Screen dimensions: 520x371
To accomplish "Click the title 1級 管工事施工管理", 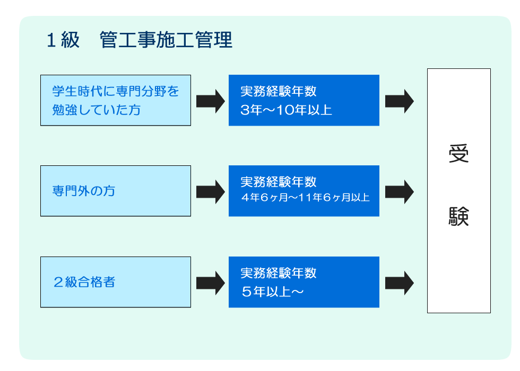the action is pos(139,40).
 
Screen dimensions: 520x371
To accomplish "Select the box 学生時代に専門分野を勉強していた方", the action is pos(116,100).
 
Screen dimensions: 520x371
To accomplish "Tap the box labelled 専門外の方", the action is pos(116,191).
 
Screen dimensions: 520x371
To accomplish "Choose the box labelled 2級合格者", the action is pos(116,282).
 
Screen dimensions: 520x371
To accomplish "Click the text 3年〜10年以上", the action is pos(286,110).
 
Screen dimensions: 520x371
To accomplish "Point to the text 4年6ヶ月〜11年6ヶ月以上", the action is pos(306,198).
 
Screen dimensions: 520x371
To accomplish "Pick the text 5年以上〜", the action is pos(272,292).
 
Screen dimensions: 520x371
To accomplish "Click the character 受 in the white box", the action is pos(458,154).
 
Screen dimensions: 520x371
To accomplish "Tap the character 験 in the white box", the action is pos(458,217).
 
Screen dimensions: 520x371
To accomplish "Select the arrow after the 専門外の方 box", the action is pos(211,192).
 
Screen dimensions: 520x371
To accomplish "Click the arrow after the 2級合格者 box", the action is pos(211,283).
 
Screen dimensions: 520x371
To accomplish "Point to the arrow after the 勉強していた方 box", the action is pos(211,101).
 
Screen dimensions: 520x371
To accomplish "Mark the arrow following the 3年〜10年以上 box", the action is pos(399,101).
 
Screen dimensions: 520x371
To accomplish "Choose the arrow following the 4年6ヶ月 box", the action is pos(399,192).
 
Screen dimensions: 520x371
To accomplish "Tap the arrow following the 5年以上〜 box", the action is pos(399,283).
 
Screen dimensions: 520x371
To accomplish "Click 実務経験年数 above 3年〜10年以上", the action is pos(279,91).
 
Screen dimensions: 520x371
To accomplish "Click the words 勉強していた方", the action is pos(97,110).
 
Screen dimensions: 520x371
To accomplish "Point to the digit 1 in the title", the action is pos(51,40).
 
